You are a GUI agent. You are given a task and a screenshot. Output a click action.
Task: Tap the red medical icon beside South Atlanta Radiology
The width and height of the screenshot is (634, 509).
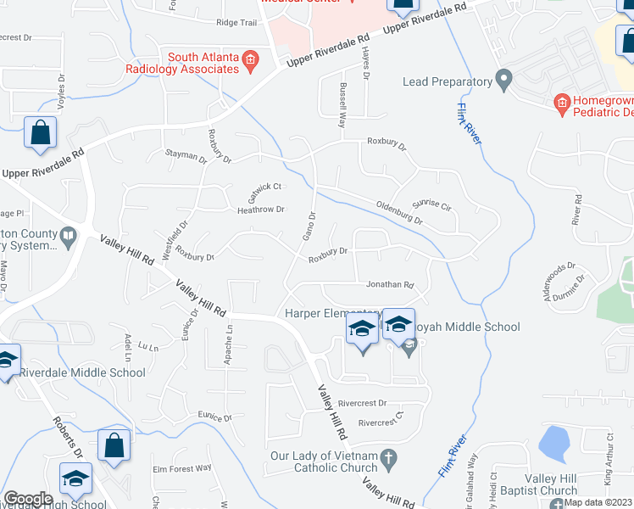coord(250,59)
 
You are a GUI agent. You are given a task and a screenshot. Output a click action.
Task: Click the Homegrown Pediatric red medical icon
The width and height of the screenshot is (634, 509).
coord(561,105)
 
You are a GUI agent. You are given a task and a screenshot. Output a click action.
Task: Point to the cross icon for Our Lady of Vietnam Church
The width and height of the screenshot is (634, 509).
coord(389,461)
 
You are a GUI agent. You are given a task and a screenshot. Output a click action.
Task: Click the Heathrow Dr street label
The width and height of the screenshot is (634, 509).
coord(260,210)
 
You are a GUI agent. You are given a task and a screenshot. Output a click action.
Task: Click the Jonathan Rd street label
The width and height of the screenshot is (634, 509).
coord(389,285)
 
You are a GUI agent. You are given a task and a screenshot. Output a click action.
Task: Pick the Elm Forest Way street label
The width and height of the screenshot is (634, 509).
coord(181,467)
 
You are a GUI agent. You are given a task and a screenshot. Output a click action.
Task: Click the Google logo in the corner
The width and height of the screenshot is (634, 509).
coord(28,499)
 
